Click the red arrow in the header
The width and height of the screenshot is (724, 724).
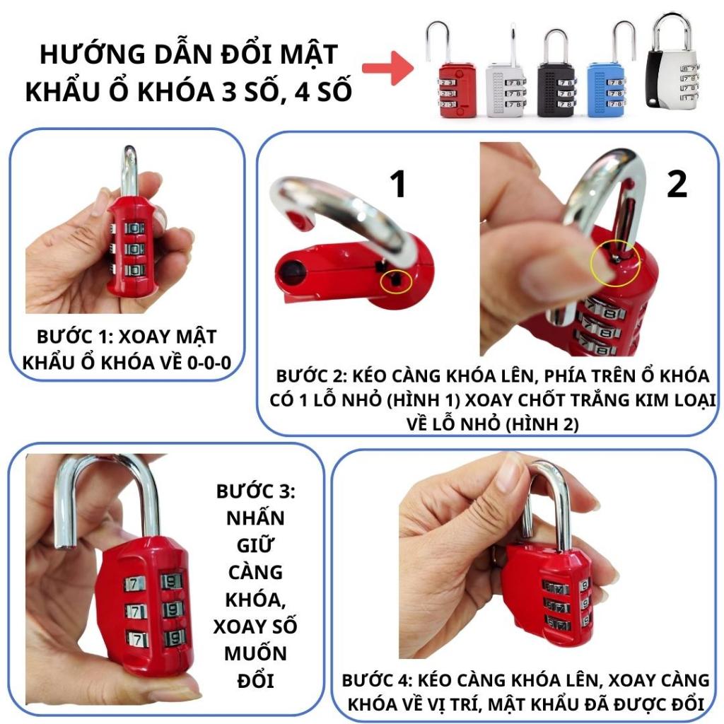tap(387, 68)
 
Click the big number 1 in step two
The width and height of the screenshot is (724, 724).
tap(398, 184)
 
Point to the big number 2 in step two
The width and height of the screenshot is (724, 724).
tap(677, 184)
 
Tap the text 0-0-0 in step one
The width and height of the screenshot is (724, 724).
tap(209, 363)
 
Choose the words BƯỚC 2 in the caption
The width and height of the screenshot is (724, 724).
tap(310, 376)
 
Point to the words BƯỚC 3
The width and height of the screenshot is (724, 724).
tap(255, 491)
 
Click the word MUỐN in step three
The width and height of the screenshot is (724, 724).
tap(255, 654)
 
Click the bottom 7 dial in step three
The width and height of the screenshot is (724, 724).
tap(136, 639)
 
